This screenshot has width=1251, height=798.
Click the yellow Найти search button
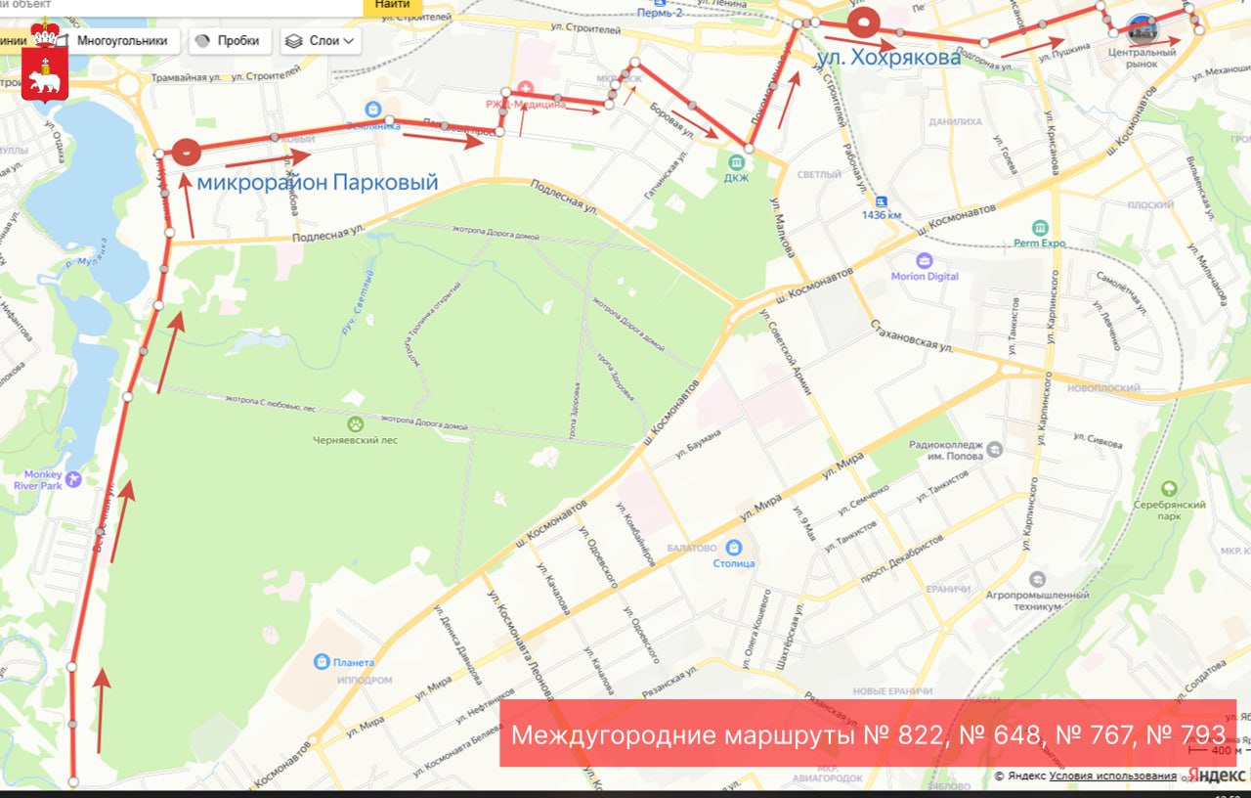[392, 5]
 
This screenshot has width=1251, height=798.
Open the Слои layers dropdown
[322, 41]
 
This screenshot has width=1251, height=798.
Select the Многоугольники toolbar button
[121, 41]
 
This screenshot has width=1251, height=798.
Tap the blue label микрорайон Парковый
[318, 183]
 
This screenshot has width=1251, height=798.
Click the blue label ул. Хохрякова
[888, 59]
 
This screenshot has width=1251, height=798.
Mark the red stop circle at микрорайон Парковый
[186, 152]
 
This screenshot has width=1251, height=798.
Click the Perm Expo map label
[1039, 242]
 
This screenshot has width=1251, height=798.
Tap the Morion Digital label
[925, 275]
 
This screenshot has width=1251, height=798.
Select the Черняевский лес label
[355, 439]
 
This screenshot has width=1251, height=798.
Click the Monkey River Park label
[38, 479]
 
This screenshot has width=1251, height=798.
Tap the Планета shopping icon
[322, 662]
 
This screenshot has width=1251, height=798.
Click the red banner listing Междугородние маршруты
[868, 733]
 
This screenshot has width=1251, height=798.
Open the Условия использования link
[1113, 776]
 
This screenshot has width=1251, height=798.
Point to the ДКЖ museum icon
[735, 160]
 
